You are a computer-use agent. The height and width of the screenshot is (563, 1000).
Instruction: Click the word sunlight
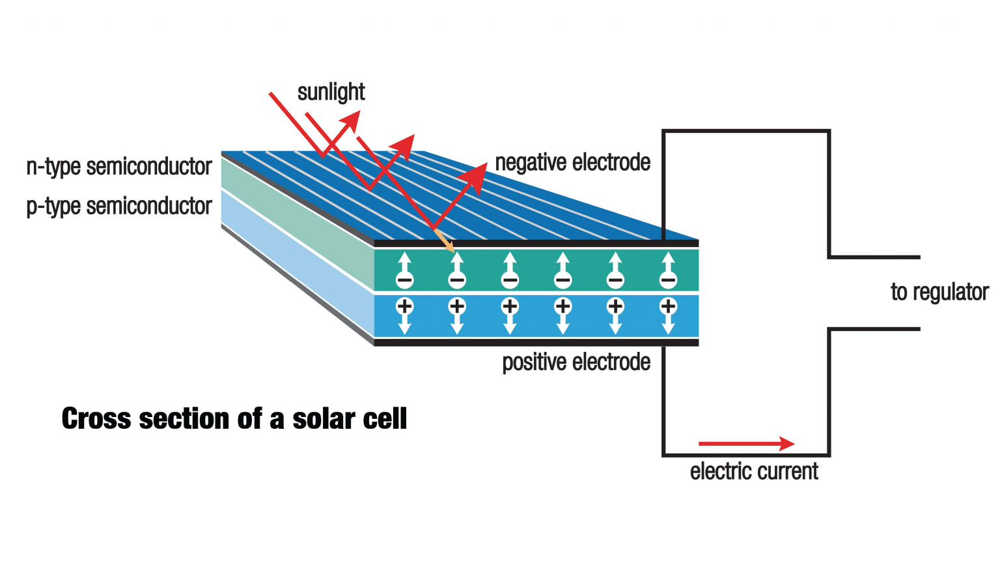click(331, 93)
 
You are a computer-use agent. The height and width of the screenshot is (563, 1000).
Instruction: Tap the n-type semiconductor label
click(119, 167)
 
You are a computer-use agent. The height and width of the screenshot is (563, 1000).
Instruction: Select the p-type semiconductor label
click(119, 207)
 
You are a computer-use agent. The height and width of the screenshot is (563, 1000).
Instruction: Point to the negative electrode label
click(572, 162)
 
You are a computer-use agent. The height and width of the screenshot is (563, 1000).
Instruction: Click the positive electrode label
click(576, 362)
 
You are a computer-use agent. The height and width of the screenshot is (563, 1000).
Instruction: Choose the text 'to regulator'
click(939, 292)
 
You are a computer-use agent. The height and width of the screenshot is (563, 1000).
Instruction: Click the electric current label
click(754, 471)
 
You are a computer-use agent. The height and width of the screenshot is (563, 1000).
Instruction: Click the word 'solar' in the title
click(324, 418)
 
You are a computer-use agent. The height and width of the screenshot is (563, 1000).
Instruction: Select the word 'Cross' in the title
click(96, 418)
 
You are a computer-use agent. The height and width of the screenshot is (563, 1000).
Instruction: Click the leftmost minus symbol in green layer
click(404, 281)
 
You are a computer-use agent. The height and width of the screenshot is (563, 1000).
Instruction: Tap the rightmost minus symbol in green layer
click(668, 281)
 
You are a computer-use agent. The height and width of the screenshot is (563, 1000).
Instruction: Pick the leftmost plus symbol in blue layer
click(404, 306)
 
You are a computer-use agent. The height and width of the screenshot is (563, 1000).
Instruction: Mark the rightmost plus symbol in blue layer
click(668, 306)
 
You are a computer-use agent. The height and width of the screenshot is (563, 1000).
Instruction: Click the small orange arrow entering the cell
click(445, 241)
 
